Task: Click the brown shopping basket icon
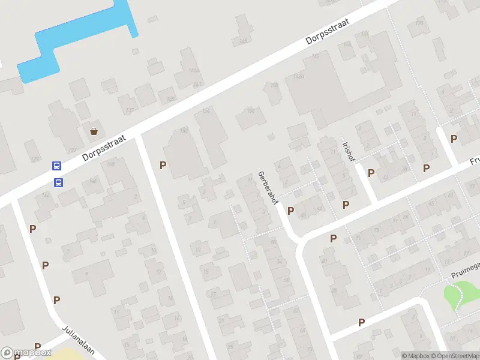[x=94, y=131]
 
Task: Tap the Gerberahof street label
[x=268, y=187]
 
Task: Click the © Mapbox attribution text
[x=415, y=356]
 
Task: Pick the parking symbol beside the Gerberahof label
[x=290, y=211]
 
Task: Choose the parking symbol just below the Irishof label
[x=371, y=173]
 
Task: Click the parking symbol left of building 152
[x=163, y=165]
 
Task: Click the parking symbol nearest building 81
[x=333, y=238]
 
